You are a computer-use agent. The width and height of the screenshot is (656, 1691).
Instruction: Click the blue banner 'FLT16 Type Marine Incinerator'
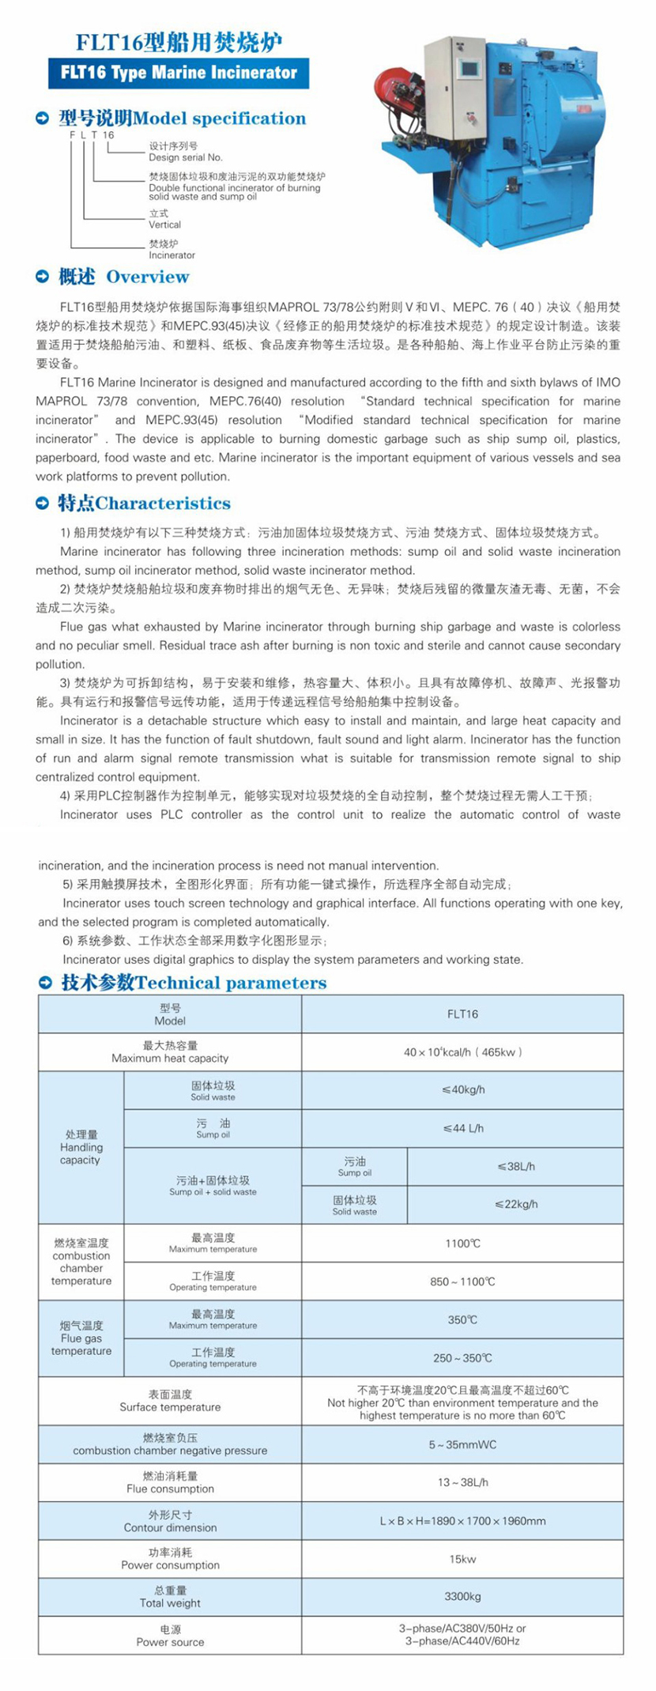[x=179, y=73]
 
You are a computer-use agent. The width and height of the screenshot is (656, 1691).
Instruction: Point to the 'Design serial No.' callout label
[x=185, y=157]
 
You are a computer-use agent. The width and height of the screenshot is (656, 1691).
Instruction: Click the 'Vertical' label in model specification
[x=164, y=225]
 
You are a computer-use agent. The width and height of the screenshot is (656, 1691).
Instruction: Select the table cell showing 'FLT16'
[x=462, y=1014]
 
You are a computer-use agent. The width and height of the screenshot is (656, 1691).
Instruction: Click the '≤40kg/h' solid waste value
[x=463, y=1090]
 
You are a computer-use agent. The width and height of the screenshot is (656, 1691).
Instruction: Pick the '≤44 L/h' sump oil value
[x=463, y=1128]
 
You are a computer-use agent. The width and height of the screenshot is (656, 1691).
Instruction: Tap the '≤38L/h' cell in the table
[x=516, y=1166]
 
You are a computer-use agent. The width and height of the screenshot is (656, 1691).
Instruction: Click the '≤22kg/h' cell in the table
[x=516, y=1204]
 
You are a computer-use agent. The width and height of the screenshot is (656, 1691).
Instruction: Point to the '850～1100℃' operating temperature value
[x=462, y=1281]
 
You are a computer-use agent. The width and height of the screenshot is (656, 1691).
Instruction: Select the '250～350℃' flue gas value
[x=462, y=1358]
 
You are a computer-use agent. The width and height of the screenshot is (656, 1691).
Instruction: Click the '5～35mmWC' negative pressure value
[x=462, y=1444]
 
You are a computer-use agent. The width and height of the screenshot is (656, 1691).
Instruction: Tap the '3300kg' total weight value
[x=462, y=1596]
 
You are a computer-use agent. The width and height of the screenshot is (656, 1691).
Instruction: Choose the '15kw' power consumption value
[x=462, y=1559]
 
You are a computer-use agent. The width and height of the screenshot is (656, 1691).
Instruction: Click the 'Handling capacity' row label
[x=81, y=1147]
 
